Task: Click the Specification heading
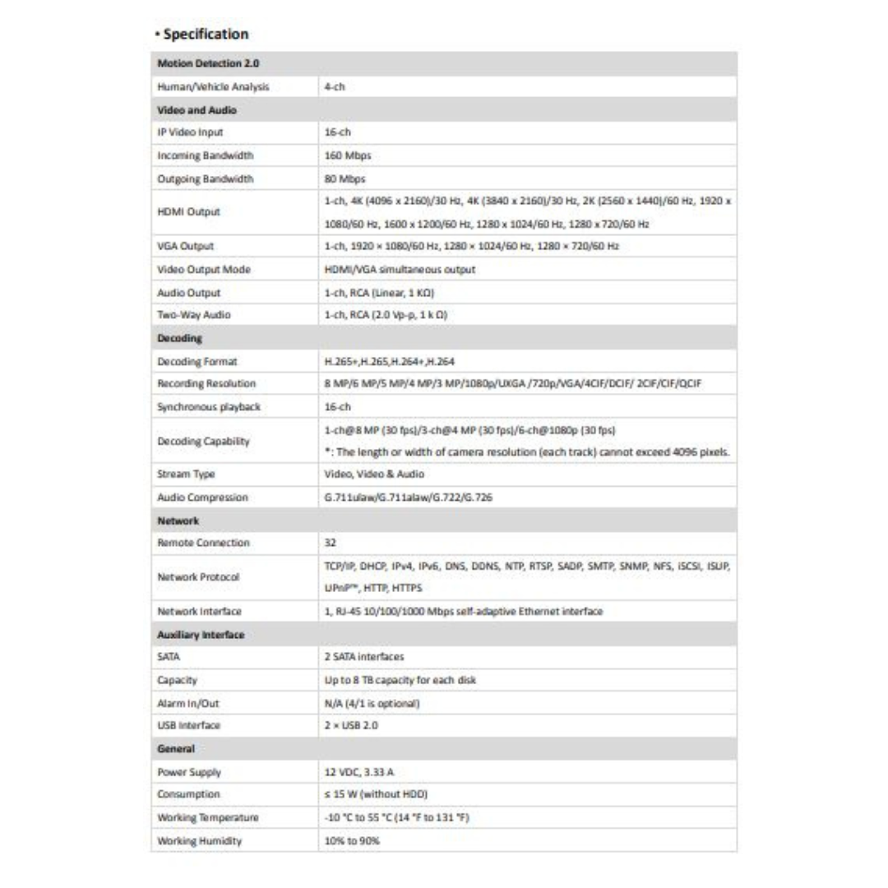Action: tap(206, 34)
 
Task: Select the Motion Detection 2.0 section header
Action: tap(208, 63)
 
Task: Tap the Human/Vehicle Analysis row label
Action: tap(213, 86)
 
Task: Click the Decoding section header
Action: tap(179, 338)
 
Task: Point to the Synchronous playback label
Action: tap(208, 406)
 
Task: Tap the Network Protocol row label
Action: tap(198, 577)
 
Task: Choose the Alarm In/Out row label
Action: tap(188, 703)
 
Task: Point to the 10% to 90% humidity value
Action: tap(352, 840)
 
